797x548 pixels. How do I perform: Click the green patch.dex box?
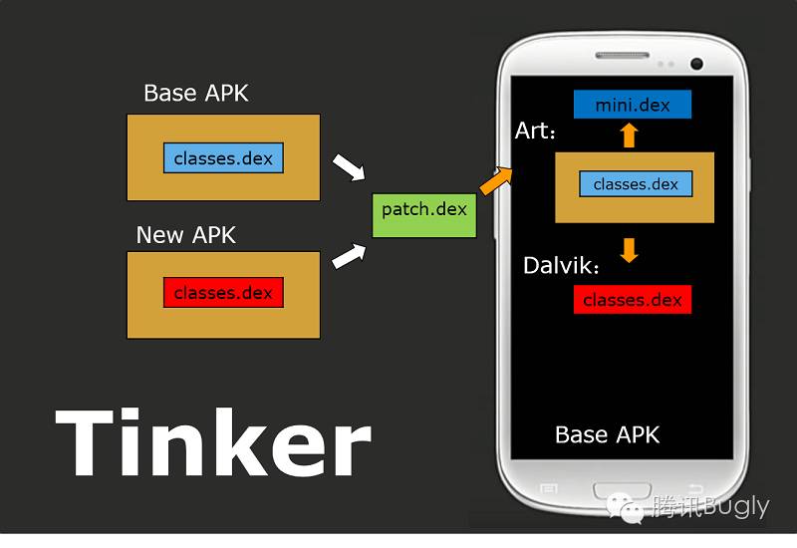click(x=424, y=210)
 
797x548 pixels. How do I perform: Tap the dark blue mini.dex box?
click(x=632, y=105)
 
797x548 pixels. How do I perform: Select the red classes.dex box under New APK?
click(x=223, y=293)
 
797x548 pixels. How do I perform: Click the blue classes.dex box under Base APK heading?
click(x=223, y=158)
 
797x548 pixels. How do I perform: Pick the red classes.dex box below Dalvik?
click(x=632, y=300)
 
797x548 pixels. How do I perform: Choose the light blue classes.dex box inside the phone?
click(x=636, y=184)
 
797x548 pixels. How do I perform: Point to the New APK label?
click(x=186, y=235)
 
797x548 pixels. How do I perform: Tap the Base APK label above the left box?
click(x=196, y=94)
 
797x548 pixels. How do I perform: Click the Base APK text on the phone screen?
click(x=607, y=435)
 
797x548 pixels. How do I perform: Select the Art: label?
click(x=536, y=131)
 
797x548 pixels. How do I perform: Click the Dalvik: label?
click(x=563, y=266)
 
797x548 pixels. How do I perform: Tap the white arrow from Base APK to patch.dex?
click(x=348, y=166)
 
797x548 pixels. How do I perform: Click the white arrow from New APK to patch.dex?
click(x=348, y=256)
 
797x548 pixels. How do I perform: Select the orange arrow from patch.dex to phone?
click(x=495, y=181)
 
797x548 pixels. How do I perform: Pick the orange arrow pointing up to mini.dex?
click(x=629, y=136)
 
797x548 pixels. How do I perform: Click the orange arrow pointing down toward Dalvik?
click(x=629, y=249)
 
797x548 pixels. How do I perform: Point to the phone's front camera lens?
click(x=696, y=64)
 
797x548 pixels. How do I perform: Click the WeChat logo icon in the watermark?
click(x=632, y=508)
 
